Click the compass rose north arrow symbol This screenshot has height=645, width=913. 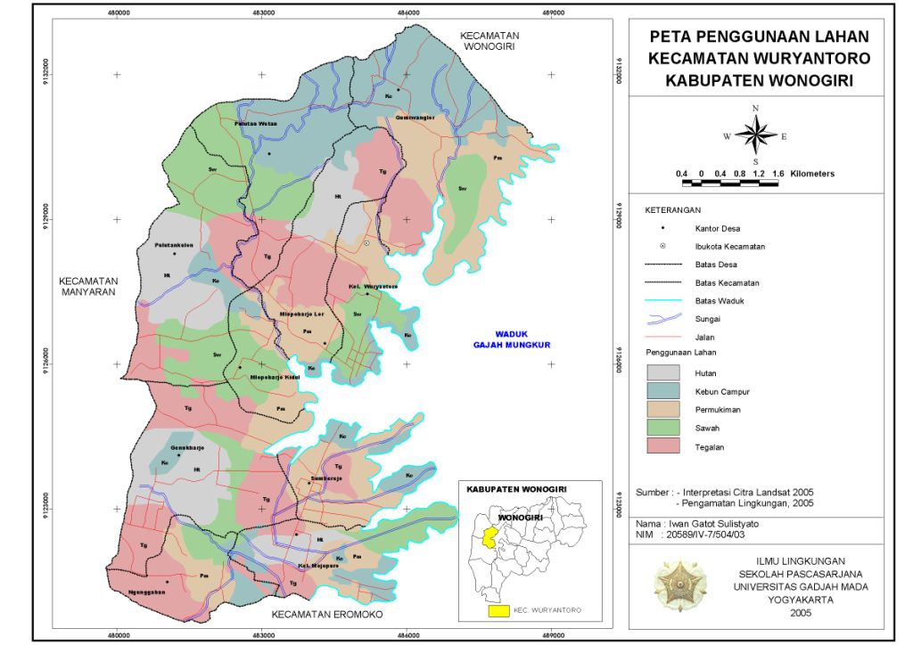[756, 135]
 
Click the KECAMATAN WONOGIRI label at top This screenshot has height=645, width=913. [489, 41]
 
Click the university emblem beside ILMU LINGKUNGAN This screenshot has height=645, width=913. [675, 581]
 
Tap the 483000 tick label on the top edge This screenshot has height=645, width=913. [262, 12]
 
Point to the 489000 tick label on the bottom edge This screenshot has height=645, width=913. [552, 634]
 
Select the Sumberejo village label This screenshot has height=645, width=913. [326, 478]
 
